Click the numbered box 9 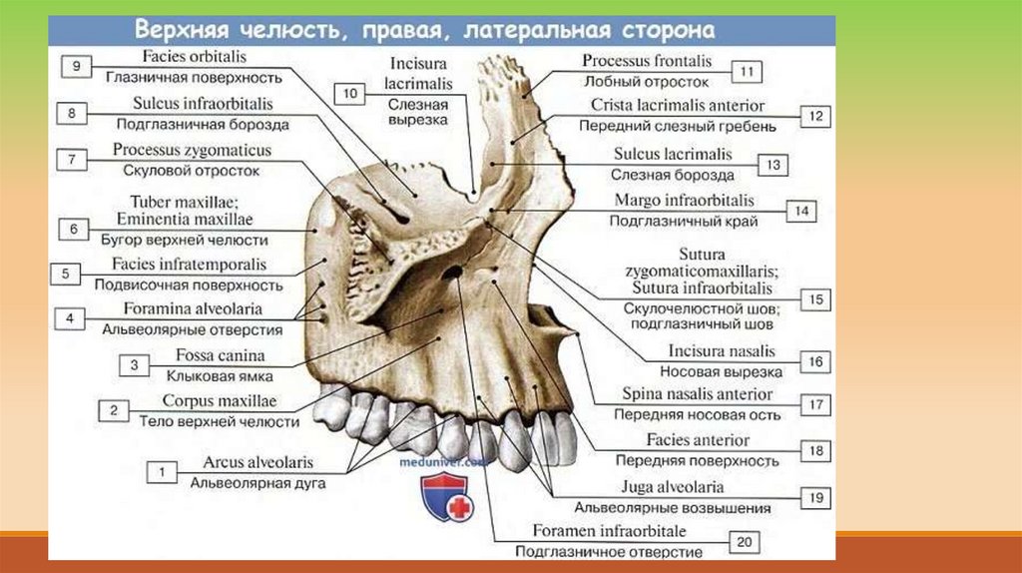coord(76,66)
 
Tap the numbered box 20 coord(744,541)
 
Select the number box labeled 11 coord(746,71)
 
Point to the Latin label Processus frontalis coord(645,62)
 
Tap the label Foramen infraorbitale coord(609,531)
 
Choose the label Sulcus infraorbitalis coord(203,104)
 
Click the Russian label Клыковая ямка coord(212,376)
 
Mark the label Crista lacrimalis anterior coord(678,105)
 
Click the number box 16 coord(816,361)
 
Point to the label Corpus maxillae coord(220,401)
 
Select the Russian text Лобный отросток coord(646,82)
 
